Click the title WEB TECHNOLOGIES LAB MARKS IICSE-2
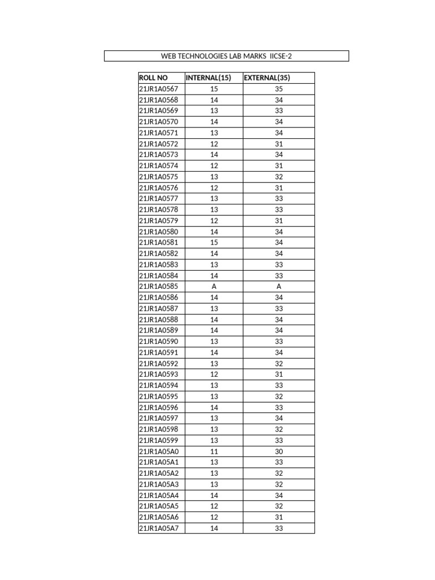227,56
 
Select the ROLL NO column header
153,78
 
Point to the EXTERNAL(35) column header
271,78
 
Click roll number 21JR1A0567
159,89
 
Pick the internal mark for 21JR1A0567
214,89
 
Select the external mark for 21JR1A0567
279,89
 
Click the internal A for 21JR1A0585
214,287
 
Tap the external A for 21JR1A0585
279,287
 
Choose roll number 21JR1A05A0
159,451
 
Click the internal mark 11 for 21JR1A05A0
214,451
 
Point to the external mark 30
279,451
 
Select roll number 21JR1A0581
159,242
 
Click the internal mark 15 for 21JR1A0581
214,242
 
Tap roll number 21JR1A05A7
159,528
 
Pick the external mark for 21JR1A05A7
279,528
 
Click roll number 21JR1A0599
159,440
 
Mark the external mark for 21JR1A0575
279,177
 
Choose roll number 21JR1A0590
159,342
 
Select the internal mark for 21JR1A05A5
214,506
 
